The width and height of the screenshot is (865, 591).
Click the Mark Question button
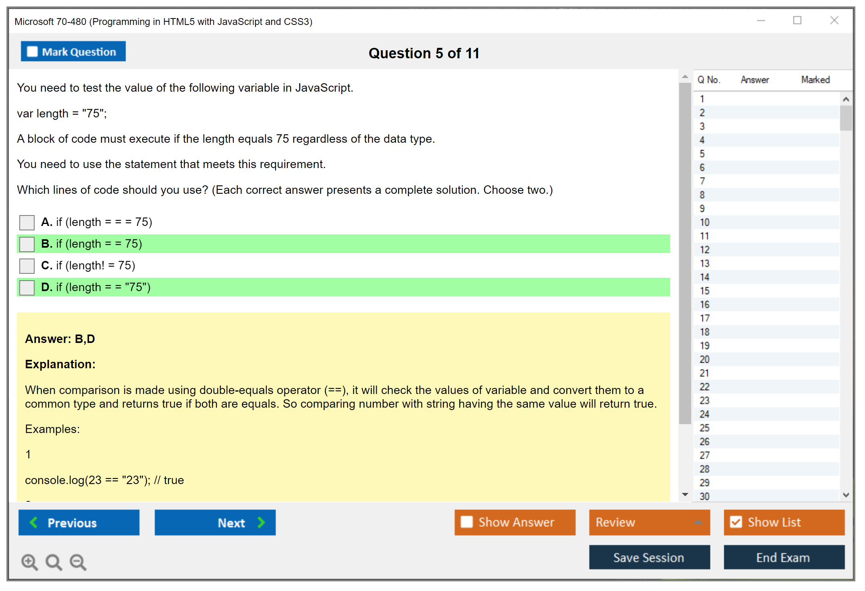tap(73, 51)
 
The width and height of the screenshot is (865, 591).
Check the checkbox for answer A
tap(27, 222)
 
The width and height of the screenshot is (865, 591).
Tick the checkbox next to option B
tap(27, 244)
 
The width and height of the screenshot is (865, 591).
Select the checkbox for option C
tap(27, 266)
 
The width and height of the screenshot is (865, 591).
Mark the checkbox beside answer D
tap(27, 287)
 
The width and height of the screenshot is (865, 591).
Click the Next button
tap(215, 523)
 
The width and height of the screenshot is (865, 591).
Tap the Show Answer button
tap(515, 523)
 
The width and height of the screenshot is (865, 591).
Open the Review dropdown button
tap(650, 523)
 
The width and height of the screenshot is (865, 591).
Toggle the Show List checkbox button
tap(784, 523)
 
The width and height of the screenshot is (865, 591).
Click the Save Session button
tap(650, 558)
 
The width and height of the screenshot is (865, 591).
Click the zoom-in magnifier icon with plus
tap(30, 562)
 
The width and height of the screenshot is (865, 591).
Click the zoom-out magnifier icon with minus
tap(78, 562)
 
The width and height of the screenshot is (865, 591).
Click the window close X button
tap(834, 20)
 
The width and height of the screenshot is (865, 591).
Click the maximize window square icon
tap(797, 20)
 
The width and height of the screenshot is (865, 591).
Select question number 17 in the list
tap(704, 318)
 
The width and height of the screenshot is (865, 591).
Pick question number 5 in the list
tap(702, 154)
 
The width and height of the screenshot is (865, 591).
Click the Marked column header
tap(816, 80)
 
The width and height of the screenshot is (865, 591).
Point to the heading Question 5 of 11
tap(424, 53)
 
